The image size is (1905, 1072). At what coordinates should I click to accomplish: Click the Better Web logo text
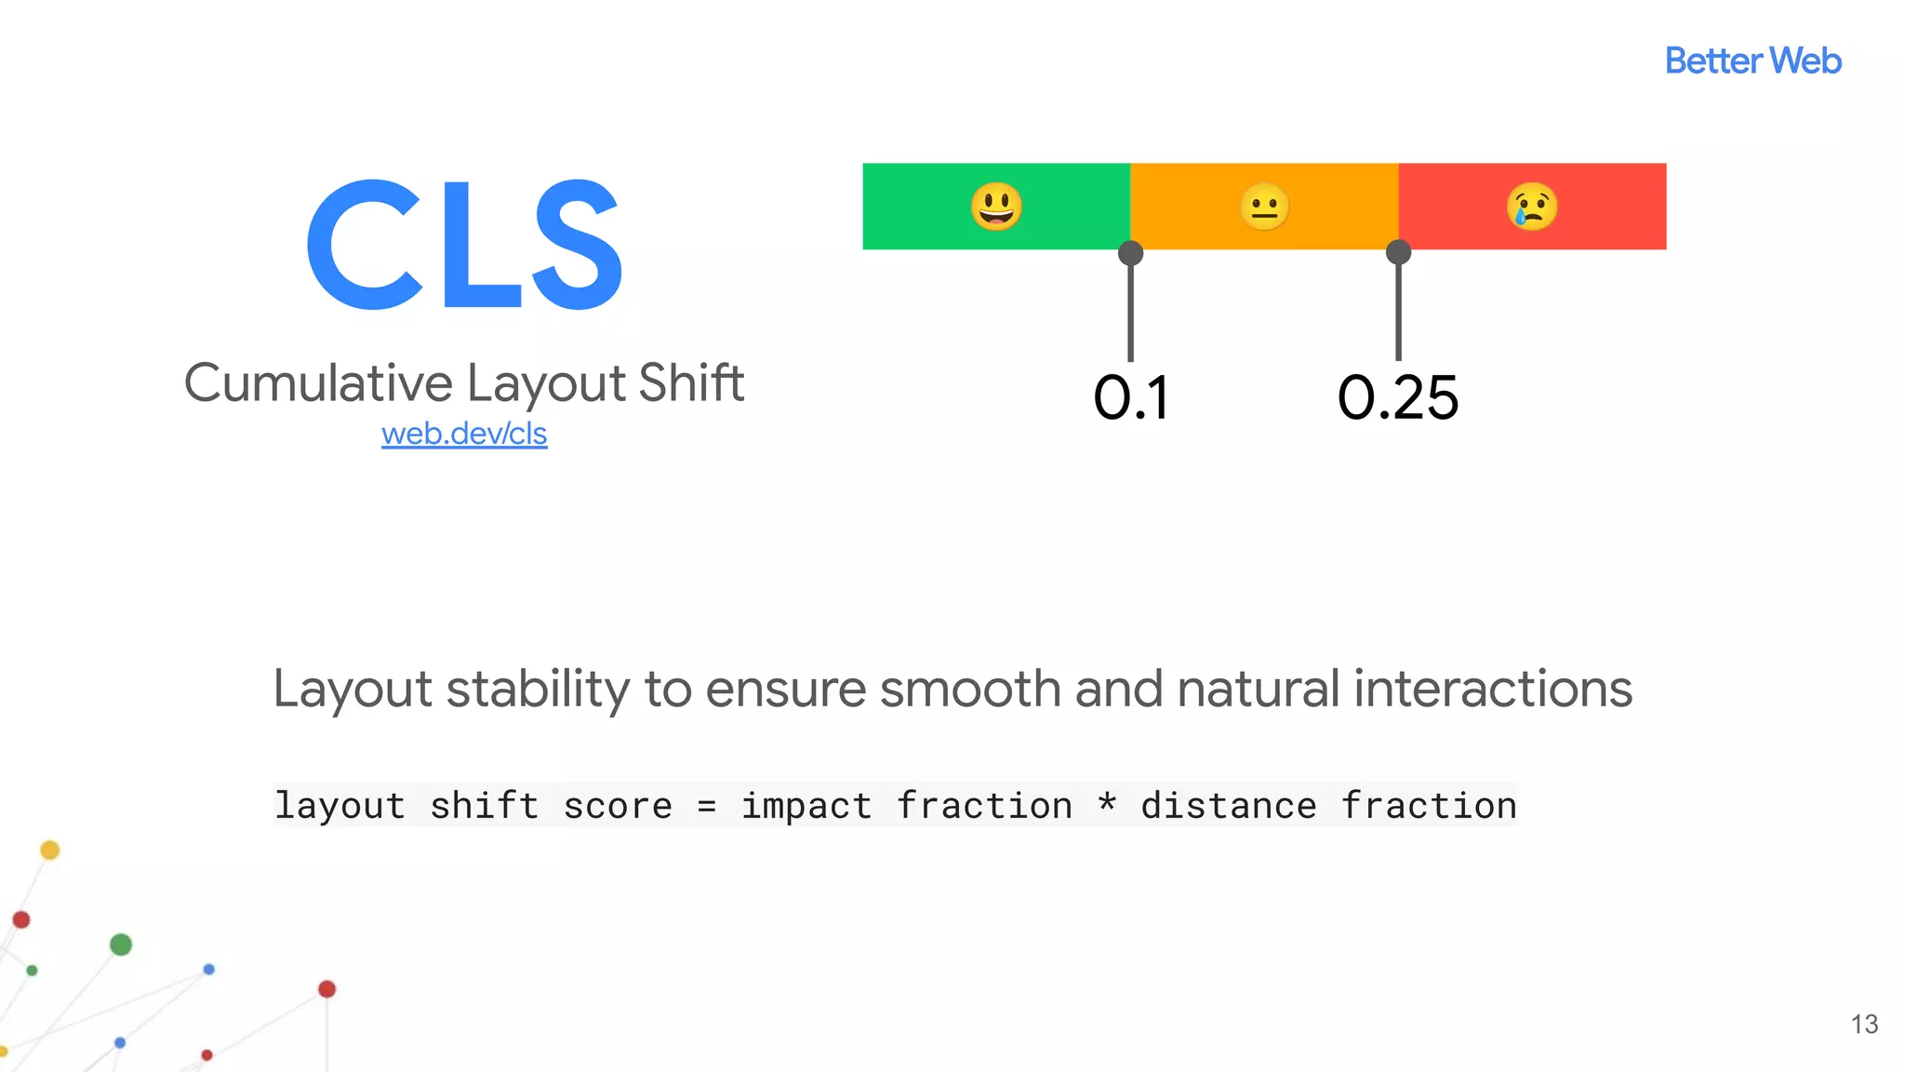[1752, 61]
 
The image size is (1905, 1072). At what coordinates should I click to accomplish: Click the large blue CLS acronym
[464, 245]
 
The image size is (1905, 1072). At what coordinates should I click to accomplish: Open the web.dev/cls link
[464, 434]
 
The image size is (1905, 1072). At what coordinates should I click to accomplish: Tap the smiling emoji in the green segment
[996, 207]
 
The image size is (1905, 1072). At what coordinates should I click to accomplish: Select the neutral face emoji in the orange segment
[1264, 207]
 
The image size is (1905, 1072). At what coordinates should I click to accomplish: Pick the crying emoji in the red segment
[1531, 207]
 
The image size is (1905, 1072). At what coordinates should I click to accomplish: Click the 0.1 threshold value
[1130, 398]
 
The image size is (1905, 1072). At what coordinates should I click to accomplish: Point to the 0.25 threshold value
[1398, 398]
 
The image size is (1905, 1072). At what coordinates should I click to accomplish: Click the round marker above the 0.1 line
[1130, 253]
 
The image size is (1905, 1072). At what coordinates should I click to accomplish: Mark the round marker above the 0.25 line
[1398, 252]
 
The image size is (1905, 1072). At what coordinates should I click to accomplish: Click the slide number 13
[1864, 1025]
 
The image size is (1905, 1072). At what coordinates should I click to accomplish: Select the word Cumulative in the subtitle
[318, 383]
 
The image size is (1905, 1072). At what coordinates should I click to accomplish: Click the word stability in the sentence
[539, 690]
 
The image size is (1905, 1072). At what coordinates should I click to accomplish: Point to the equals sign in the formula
[707, 807]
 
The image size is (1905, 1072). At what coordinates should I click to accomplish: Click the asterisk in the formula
[1107, 803]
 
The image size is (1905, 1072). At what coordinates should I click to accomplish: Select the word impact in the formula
[806, 807]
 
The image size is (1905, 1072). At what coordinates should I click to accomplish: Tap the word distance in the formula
[1229, 806]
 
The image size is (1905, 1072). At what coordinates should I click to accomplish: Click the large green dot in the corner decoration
[121, 945]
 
